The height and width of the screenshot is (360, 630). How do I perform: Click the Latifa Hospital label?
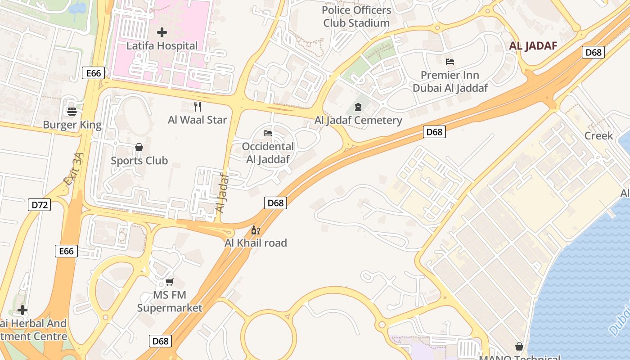[x=162, y=46]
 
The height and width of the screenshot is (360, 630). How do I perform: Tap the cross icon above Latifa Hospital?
[x=162, y=32]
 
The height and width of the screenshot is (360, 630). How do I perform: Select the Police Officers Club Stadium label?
[x=356, y=16]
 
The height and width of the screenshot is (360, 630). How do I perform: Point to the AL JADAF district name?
[x=533, y=46]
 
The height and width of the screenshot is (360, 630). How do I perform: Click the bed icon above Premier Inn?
[x=450, y=61]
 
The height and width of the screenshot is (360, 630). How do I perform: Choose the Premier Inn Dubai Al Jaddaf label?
[x=450, y=81]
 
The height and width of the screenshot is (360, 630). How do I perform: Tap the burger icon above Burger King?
[x=72, y=111]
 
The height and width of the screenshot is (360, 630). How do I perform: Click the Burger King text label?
[x=72, y=125]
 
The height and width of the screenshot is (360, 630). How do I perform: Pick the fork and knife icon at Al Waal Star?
[x=197, y=106]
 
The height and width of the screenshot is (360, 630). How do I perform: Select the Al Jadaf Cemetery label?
[x=358, y=120]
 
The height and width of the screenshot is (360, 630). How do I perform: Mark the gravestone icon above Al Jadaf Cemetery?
[x=358, y=107]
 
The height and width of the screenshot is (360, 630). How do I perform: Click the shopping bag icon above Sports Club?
[x=139, y=147]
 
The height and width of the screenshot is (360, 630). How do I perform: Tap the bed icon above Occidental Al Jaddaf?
[x=267, y=133]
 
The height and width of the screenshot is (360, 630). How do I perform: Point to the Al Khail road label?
[x=256, y=243]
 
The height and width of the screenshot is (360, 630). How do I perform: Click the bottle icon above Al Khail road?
[x=255, y=230]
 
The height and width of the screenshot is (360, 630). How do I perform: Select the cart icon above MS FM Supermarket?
[x=170, y=282]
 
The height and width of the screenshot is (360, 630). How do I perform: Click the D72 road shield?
[x=40, y=205]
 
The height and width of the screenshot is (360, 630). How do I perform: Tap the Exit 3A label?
[x=74, y=169]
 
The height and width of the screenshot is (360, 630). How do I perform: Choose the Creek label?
[x=598, y=136]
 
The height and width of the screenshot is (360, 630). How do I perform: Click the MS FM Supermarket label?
[x=170, y=301]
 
